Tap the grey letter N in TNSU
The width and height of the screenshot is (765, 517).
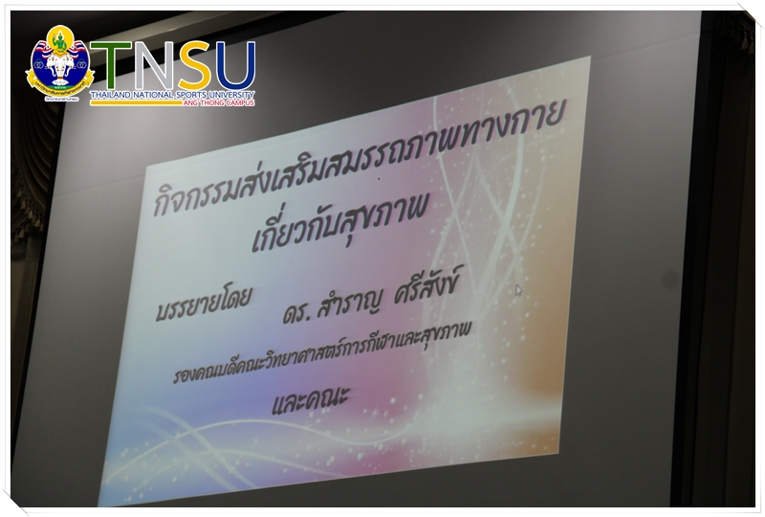[x=153, y=65]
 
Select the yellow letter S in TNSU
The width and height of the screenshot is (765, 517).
[x=193, y=65]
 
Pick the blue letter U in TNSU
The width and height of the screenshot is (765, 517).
[x=234, y=65]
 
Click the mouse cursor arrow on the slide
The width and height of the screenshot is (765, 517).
[x=518, y=290]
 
